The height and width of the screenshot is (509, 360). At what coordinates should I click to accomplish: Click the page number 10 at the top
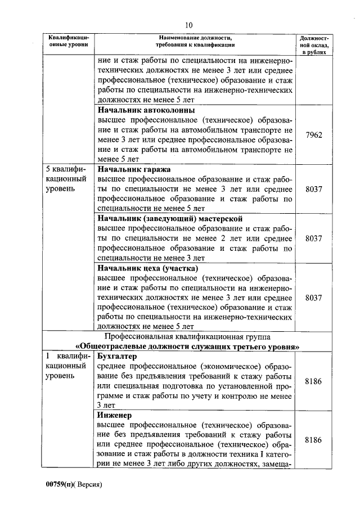coord(188,25)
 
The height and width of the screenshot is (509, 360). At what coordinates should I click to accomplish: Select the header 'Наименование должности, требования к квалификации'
coord(195,40)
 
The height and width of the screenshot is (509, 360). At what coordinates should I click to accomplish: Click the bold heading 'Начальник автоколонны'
coord(146,110)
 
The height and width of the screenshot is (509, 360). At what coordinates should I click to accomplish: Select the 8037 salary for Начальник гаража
coord(313,190)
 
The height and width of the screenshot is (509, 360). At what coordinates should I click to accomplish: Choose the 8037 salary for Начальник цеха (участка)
coord(313,298)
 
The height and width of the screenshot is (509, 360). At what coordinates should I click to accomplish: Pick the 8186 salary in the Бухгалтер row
coord(313,381)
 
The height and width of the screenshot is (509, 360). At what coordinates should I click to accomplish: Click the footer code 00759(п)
coord(63,484)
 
